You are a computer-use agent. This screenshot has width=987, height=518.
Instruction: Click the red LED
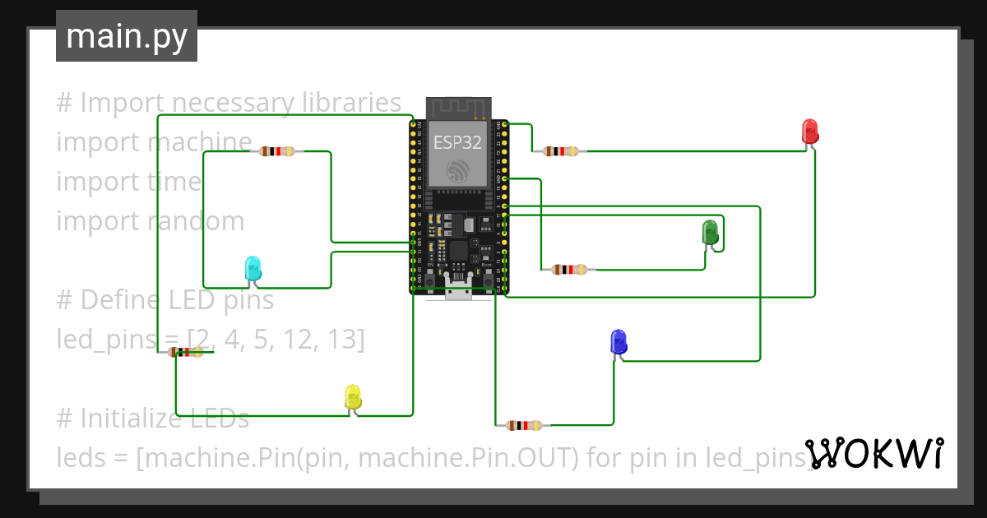810,132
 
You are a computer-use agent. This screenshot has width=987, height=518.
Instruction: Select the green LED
710,233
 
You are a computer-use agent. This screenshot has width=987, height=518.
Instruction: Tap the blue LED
618,341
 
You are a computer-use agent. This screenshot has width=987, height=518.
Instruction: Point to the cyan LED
253,268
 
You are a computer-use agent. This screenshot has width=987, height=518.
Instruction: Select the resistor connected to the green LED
569,269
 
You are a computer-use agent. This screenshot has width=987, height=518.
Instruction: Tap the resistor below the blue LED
524,425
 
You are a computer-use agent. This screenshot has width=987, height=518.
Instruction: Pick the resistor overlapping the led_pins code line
186,352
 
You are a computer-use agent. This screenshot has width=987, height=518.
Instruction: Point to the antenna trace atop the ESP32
458,108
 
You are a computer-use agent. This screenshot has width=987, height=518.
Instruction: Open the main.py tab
127,36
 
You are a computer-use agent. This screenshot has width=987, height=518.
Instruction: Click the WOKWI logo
874,453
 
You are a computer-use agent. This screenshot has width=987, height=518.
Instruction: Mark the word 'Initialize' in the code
164,419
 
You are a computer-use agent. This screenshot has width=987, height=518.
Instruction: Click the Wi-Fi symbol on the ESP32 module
458,171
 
